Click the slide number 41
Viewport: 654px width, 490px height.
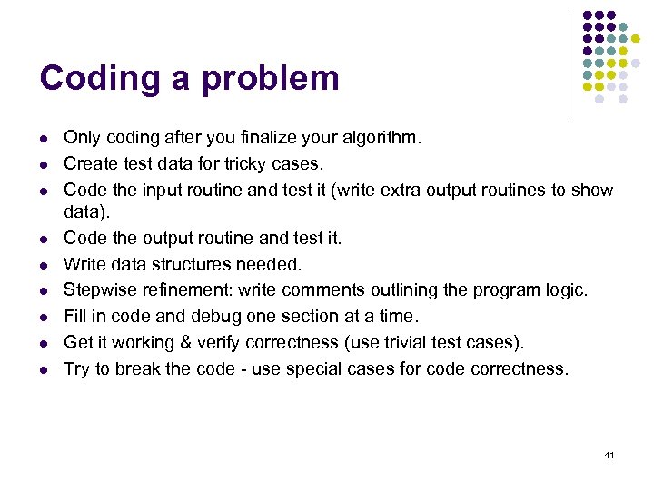click(609, 454)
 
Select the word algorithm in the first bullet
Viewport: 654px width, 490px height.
click(382, 139)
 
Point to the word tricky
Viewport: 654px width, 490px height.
click(237, 164)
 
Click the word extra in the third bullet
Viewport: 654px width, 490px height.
click(396, 191)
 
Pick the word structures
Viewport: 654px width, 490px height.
click(189, 264)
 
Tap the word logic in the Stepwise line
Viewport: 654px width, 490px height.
click(566, 290)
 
